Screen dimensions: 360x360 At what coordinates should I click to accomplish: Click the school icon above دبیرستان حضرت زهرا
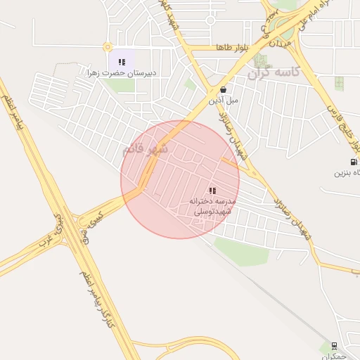click(122, 62)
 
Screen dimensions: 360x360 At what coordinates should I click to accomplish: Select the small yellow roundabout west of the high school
click(108, 47)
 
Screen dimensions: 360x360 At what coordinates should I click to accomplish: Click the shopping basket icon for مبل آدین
click(223, 90)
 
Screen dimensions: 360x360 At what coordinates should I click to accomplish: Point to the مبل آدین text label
click(223, 101)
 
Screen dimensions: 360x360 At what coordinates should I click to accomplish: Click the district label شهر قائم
click(146, 149)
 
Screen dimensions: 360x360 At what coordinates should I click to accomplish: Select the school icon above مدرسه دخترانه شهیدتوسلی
click(212, 191)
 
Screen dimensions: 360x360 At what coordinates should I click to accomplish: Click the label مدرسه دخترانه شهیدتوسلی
click(212, 206)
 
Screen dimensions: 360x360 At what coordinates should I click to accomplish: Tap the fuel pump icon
click(353, 162)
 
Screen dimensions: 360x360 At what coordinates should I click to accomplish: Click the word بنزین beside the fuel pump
click(342, 172)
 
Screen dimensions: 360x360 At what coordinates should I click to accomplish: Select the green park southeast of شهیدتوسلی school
click(241, 250)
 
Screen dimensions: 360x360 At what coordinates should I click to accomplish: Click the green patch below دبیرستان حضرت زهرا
click(121, 86)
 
